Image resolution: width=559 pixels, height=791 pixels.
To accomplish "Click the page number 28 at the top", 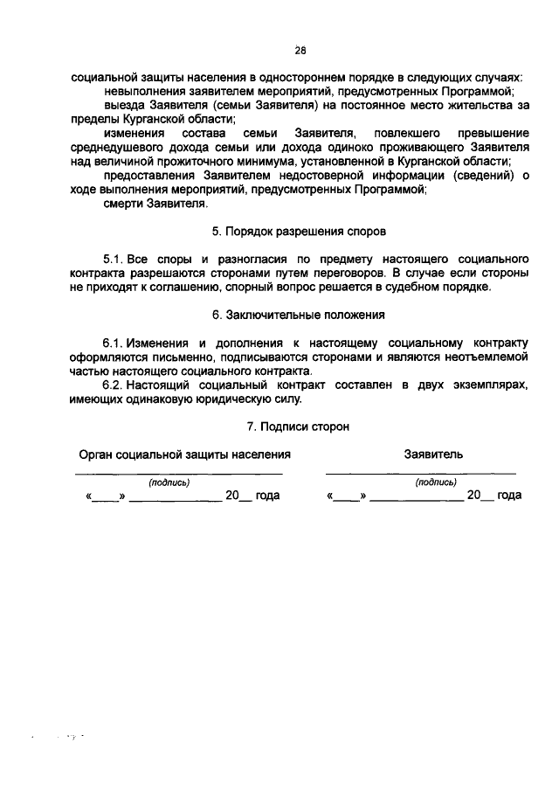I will [x=300, y=50].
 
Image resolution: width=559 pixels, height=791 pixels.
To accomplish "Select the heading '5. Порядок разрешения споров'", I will [x=299, y=232].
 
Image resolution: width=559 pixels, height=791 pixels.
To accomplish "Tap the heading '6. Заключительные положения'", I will [x=299, y=314].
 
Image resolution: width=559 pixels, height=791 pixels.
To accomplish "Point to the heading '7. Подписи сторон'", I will [x=299, y=427].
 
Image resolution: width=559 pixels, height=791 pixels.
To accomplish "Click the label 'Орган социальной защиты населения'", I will [x=184, y=454].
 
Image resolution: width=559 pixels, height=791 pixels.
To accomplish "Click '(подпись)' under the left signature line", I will [x=169, y=482].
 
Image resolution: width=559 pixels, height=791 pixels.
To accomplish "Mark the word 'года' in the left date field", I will [x=267, y=496].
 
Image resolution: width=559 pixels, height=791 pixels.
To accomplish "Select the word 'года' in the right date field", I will [x=507, y=496].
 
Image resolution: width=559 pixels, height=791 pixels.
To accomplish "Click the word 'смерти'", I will [x=122, y=204].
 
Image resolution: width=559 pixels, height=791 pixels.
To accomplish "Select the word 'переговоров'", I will [x=335, y=274].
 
